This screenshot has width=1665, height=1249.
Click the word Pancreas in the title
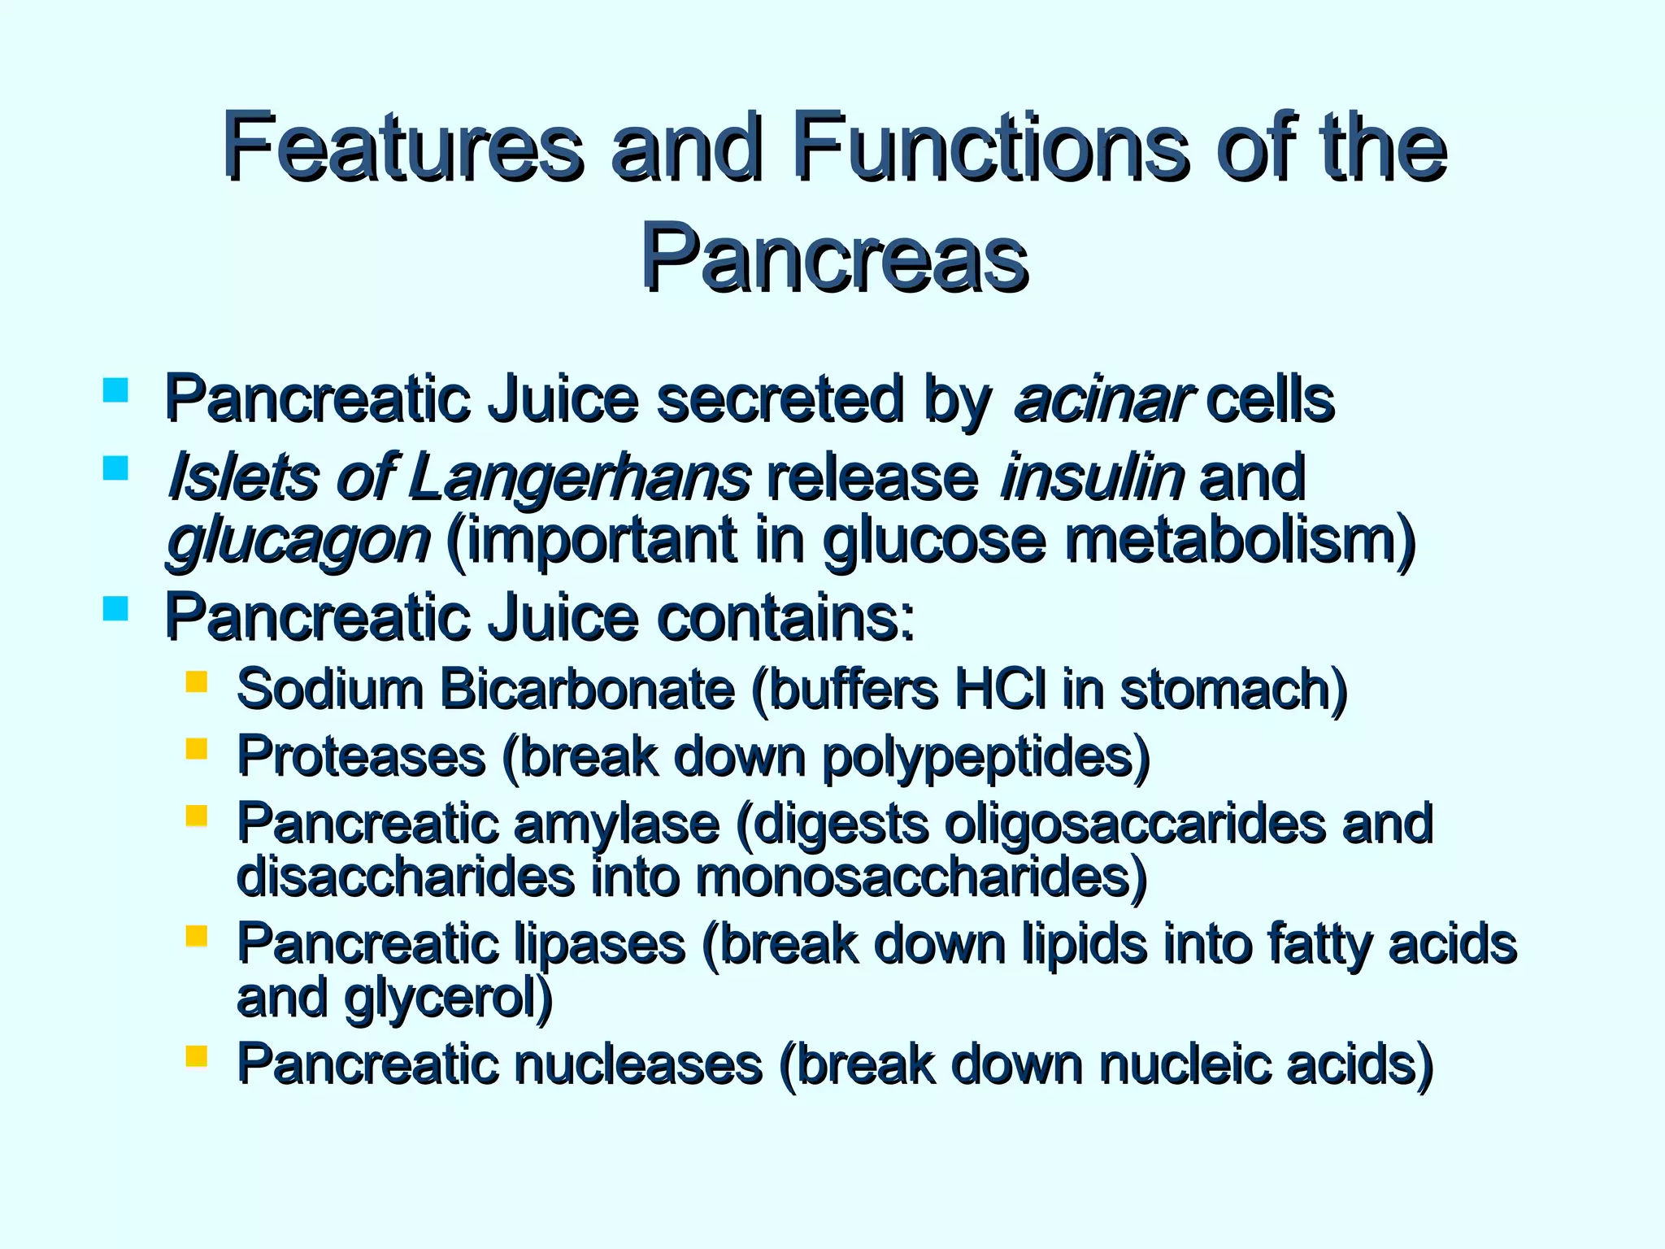834,259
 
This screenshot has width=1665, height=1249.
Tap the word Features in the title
402,148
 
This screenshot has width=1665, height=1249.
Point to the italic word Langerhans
578,477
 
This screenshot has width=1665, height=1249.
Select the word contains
785,618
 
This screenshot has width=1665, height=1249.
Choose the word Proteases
361,756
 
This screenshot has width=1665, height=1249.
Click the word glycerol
448,999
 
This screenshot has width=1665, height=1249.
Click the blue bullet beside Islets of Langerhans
116,468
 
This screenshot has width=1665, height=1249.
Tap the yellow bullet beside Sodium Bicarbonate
196,681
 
